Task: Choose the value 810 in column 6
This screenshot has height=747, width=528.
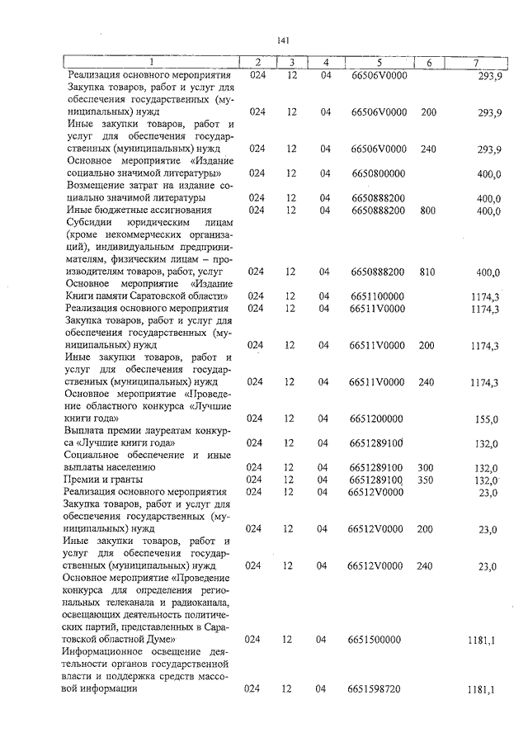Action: click(x=427, y=272)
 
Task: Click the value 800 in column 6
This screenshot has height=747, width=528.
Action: click(x=427, y=210)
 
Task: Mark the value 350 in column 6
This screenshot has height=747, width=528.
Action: click(x=427, y=480)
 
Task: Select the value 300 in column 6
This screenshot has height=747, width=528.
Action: click(x=427, y=467)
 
